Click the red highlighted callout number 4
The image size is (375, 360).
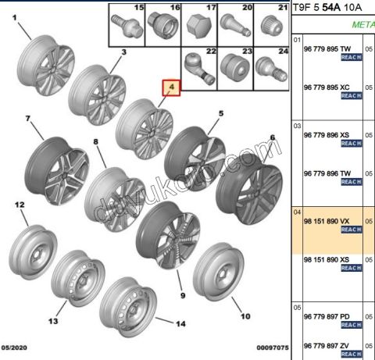(171, 87)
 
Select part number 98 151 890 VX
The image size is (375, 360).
(327, 221)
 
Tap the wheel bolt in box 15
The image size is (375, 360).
(127, 26)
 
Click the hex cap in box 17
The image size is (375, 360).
(199, 27)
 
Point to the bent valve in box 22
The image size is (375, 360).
(199, 69)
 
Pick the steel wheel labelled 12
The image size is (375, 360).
(33, 252)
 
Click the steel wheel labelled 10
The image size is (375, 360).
(218, 272)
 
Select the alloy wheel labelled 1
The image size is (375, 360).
(46, 65)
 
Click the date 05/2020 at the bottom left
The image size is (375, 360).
(14, 348)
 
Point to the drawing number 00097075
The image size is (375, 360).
(273, 348)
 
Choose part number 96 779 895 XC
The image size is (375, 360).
(327, 87)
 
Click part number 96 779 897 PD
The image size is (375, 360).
(327, 317)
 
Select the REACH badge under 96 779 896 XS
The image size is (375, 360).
(352, 144)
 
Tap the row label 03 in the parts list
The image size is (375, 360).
(297, 126)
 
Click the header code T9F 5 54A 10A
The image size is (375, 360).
(327, 8)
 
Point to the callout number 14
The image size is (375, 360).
(180, 324)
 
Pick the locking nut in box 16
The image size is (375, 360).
(162, 26)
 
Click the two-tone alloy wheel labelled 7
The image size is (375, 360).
(57, 171)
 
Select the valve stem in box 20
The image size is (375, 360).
(235, 26)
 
